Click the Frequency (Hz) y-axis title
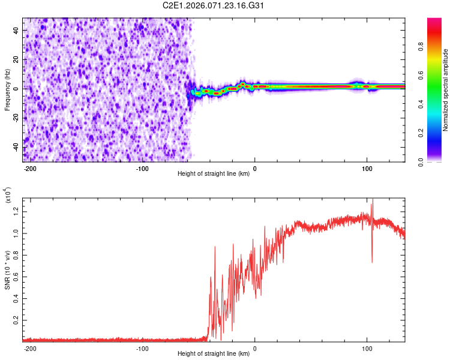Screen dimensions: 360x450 point(7,90)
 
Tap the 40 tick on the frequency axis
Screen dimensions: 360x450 point(16,29)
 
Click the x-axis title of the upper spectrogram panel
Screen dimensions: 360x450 point(214,174)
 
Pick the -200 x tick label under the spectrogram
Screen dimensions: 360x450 point(30,168)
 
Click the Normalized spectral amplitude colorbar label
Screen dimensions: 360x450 point(446,90)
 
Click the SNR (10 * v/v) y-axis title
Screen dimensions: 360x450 point(7,270)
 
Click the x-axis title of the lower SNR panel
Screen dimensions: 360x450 point(214,353)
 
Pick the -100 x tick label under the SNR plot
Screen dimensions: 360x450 point(142,347)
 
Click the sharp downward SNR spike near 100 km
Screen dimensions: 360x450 point(372,261)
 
